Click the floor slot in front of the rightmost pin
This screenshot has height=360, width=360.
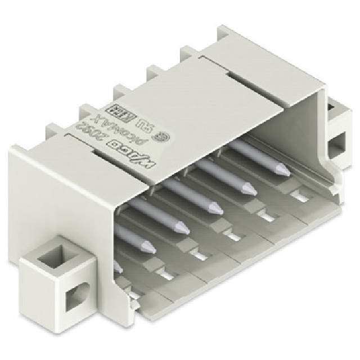pos(299,195)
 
